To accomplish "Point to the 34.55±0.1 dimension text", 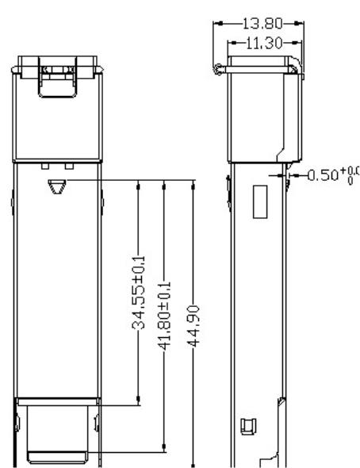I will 139,291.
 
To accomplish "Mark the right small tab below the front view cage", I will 70,167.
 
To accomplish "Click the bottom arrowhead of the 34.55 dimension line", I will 139,402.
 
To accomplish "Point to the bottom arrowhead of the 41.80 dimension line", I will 163,448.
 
